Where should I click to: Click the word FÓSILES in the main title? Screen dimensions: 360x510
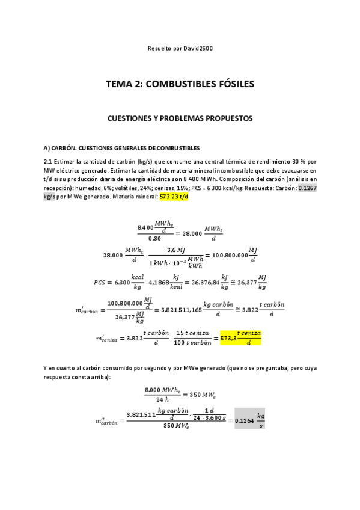pos(229,84)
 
